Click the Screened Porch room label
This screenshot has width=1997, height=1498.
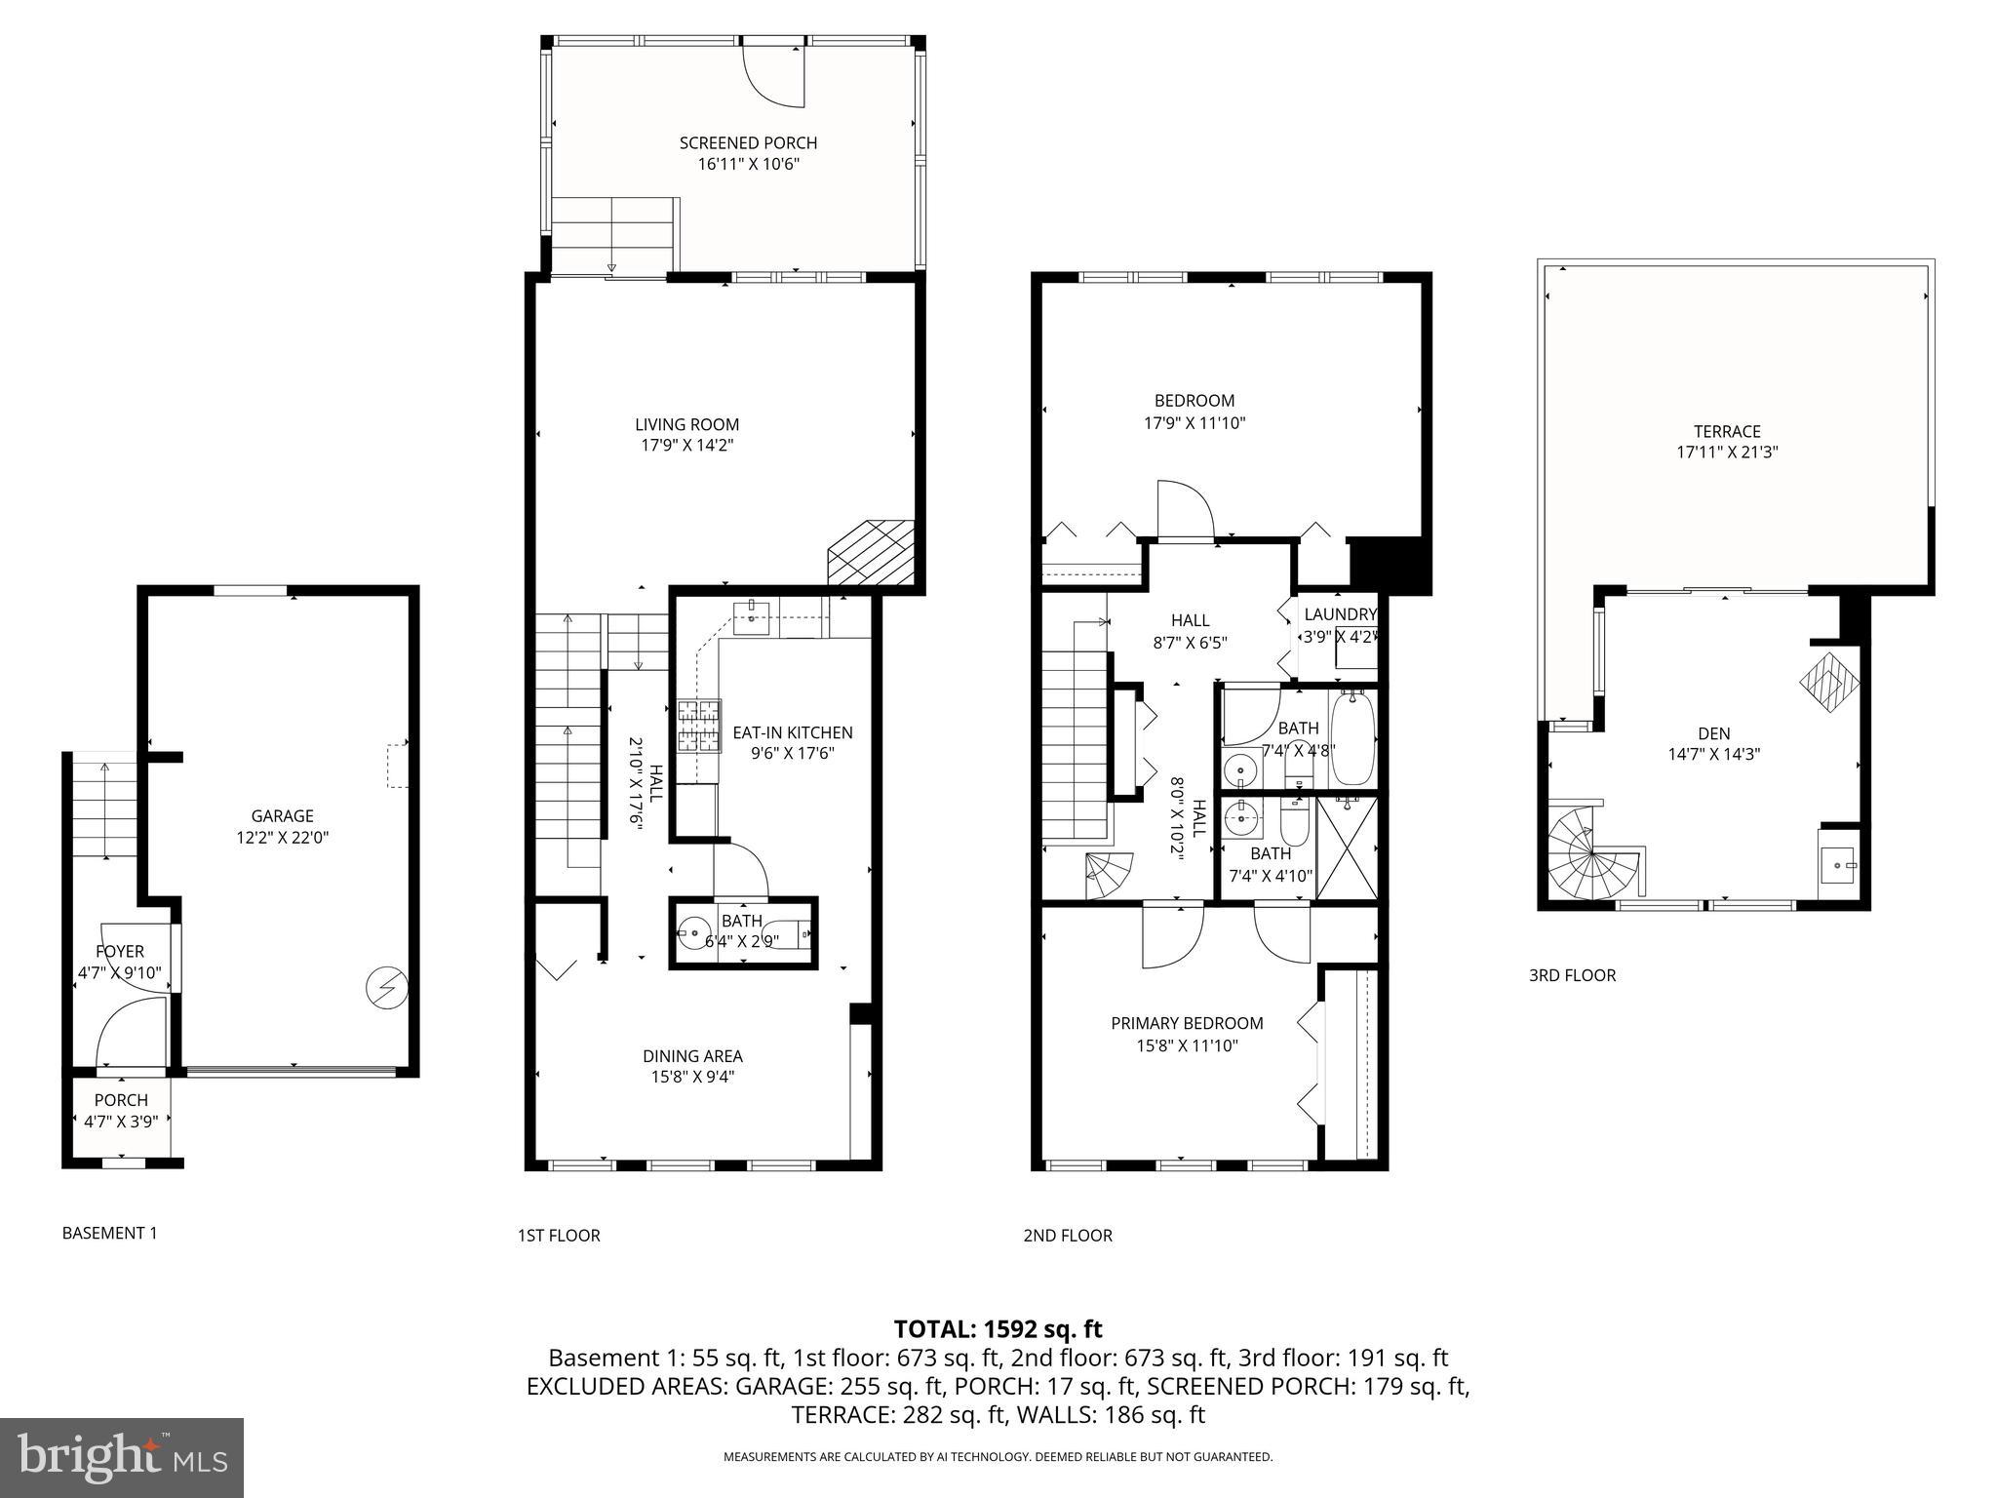[748, 142]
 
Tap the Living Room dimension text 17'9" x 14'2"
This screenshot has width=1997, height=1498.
[686, 446]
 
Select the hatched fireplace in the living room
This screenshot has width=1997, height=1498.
[871, 553]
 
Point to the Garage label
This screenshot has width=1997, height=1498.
[282, 816]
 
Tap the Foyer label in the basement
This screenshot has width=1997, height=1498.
[119, 951]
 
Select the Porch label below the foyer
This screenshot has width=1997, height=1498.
[121, 1100]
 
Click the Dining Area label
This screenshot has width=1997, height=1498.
[692, 1056]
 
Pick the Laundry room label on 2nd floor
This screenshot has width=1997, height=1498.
[1340, 614]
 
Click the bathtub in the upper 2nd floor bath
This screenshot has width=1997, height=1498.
[1352, 738]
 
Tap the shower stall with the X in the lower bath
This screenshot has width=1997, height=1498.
[1348, 848]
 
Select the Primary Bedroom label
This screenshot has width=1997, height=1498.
[1187, 1023]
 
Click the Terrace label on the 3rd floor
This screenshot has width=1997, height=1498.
[1726, 431]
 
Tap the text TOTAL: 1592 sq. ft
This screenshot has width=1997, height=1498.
[998, 1328]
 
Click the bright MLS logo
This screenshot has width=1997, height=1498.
[121, 1457]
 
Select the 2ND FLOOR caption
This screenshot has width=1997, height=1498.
[1067, 1236]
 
